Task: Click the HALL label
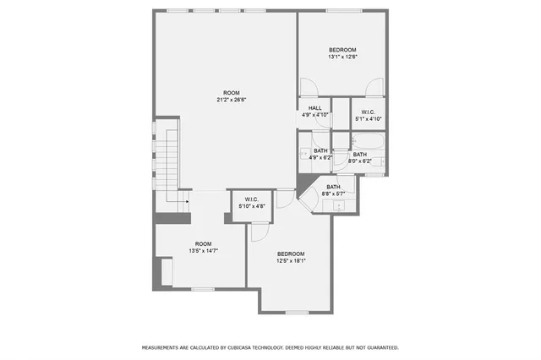tap(315, 108)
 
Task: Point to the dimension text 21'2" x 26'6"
tap(231, 100)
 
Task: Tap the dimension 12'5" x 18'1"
tap(291, 260)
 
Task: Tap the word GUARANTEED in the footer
tap(379, 347)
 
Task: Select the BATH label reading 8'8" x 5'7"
tap(333, 187)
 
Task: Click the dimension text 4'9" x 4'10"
tap(315, 115)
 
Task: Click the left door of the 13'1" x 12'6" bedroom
tap(308, 86)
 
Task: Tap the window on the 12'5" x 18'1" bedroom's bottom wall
tap(297, 312)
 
